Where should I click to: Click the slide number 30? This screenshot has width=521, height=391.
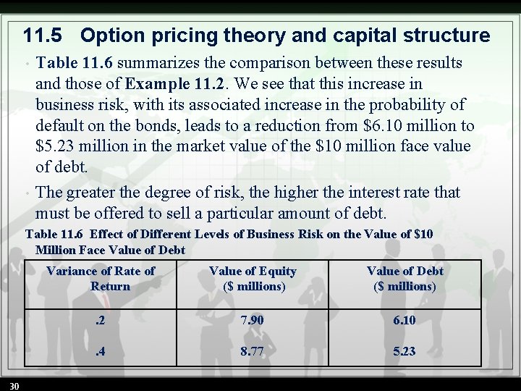(x=14, y=384)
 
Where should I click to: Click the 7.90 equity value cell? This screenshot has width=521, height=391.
(x=253, y=320)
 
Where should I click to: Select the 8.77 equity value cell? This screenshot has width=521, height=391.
(x=253, y=351)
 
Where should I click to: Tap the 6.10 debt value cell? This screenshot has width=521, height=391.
(x=404, y=320)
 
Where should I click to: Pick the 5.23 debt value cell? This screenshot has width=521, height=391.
(x=404, y=351)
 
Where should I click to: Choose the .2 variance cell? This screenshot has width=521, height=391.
(x=101, y=320)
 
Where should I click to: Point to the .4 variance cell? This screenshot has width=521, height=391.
(x=101, y=351)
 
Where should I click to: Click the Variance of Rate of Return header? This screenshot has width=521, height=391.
(x=101, y=278)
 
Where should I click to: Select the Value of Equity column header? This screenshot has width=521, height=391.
(x=253, y=278)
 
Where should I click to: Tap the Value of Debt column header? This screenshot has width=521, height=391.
(x=404, y=278)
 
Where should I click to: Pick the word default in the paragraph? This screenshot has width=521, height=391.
(x=59, y=125)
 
